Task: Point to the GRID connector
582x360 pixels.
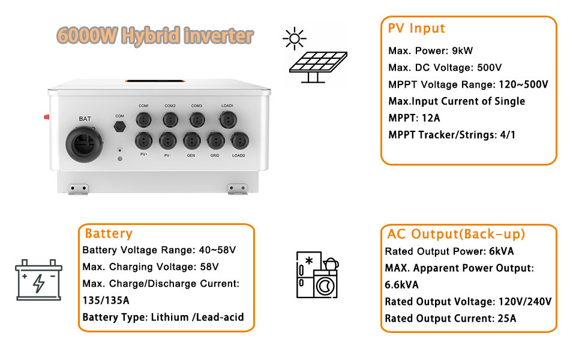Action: pos(215,141)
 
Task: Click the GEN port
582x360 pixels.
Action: pos(191,141)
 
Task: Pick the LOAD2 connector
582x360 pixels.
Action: pos(239,141)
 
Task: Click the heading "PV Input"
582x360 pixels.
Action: pos(416,28)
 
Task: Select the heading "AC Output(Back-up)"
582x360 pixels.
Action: pos(456,234)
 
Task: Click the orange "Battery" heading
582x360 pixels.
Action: pos(109,233)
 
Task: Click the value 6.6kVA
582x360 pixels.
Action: pos(401,284)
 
